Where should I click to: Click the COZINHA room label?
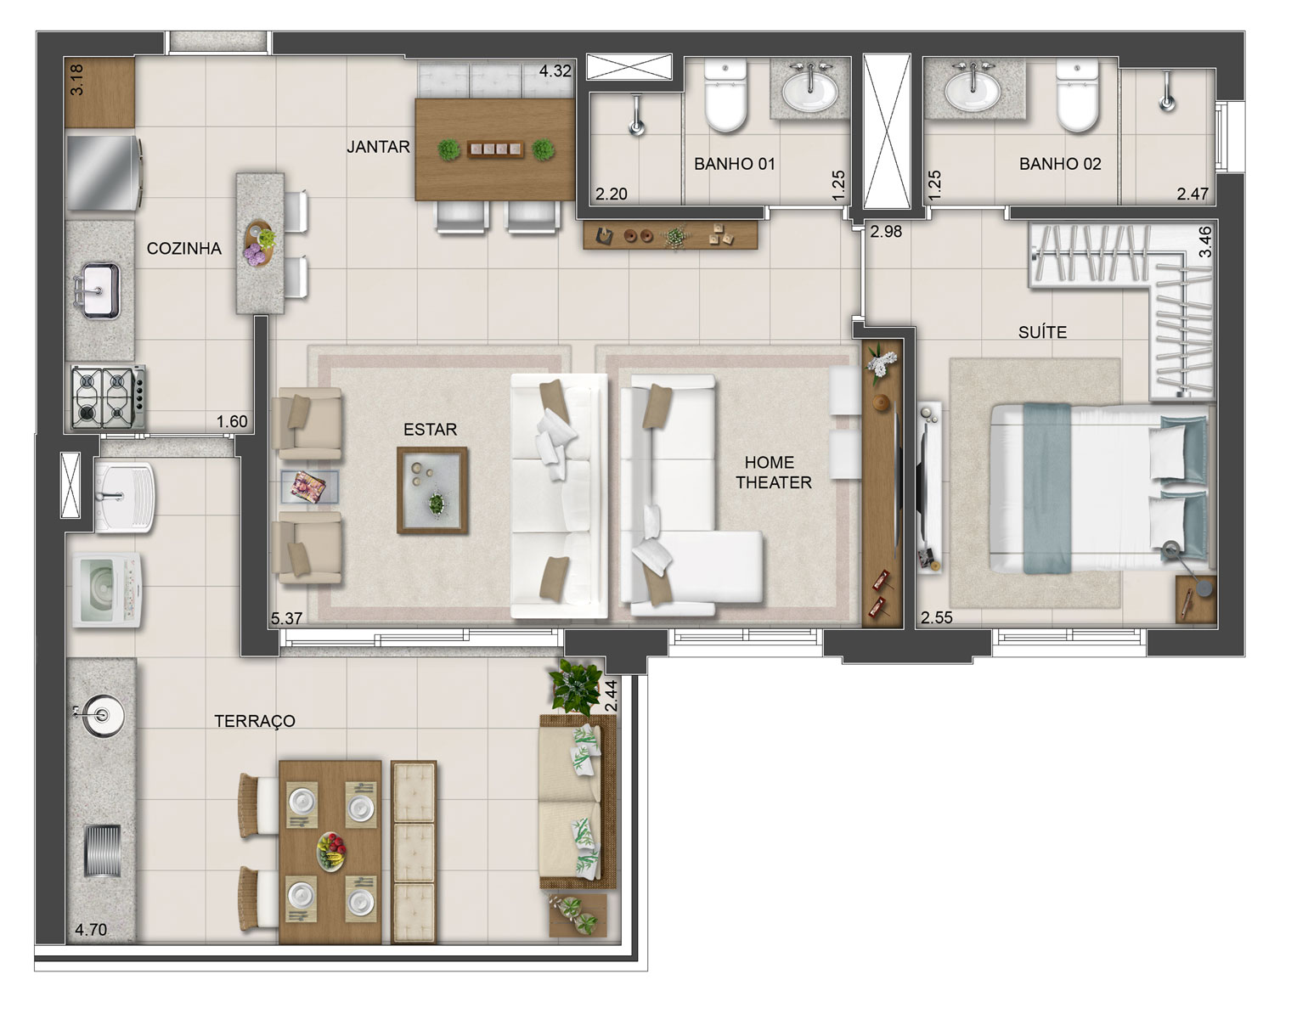[x=183, y=249]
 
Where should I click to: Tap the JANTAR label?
[x=379, y=147]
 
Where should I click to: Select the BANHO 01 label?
[x=734, y=164]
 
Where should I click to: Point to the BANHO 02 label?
[x=1060, y=164]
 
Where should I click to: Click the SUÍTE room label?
[x=1042, y=332]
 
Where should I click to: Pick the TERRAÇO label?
[x=255, y=721]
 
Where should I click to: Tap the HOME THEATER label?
[x=773, y=472]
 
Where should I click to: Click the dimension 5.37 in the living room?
[x=286, y=618]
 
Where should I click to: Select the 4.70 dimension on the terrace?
[x=91, y=930]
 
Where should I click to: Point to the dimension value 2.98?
[x=886, y=232]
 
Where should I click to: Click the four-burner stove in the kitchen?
[x=107, y=397]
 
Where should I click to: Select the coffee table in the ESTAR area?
[x=432, y=491]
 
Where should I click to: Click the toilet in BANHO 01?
[x=725, y=95]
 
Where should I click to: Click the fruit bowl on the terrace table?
[x=331, y=852]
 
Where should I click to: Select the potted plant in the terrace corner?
[x=575, y=686]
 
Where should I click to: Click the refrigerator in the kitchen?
[x=104, y=173]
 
